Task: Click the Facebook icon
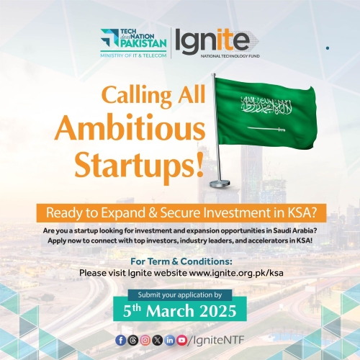tap(120, 338)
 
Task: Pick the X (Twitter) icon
tap(157, 338)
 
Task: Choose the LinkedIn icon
tap(170, 338)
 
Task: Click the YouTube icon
tap(182, 338)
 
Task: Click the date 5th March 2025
tap(180, 312)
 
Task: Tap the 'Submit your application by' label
tap(180, 294)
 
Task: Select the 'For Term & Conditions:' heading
tap(180, 261)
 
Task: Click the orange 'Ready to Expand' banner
tap(180, 213)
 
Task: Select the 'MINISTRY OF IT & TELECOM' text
tap(134, 53)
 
